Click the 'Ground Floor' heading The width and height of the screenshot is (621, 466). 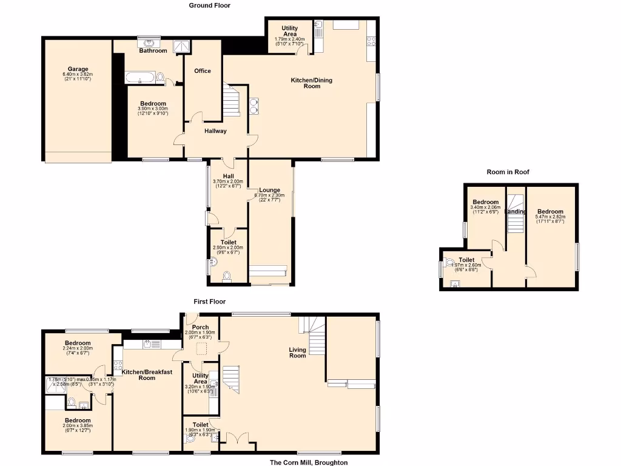[x=209, y=5]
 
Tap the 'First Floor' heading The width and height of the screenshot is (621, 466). [x=209, y=302]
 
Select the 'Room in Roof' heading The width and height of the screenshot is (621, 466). [x=508, y=172]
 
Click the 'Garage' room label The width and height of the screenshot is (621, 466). [x=78, y=69]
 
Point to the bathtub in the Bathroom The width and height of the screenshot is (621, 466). [x=139, y=78]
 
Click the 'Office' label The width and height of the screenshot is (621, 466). [x=203, y=71]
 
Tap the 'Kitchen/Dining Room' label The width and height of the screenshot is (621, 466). [x=312, y=83]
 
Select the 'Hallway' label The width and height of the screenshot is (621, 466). [x=215, y=131]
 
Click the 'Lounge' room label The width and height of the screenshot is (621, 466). [x=270, y=190]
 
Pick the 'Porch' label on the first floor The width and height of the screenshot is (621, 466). [x=200, y=328]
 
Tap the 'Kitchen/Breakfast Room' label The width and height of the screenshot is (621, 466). [x=147, y=374]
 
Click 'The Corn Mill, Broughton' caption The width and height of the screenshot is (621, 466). [x=309, y=462]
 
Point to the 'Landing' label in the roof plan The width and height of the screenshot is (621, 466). [x=516, y=212]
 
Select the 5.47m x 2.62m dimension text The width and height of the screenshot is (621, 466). [x=550, y=217]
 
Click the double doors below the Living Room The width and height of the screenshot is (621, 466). [x=238, y=437]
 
